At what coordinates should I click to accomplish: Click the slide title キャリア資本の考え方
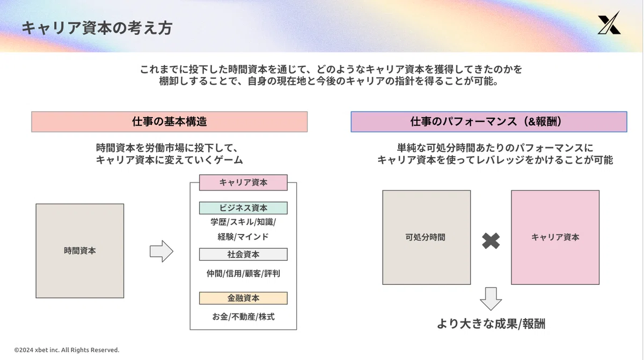point(97,28)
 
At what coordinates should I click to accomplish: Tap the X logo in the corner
point(609,23)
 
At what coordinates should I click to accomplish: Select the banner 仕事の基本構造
point(170,122)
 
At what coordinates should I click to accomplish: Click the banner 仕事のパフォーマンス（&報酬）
point(489,122)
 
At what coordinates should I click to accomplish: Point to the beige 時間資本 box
point(80,251)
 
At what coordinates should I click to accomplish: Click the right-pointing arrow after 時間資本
point(162,251)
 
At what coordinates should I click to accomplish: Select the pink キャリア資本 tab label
point(243,182)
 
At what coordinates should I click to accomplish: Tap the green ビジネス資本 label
point(243,208)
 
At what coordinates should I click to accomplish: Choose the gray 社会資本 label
point(243,254)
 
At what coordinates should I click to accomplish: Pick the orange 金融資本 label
point(243,298)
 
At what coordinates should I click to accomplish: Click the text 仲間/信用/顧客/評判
point(243,274)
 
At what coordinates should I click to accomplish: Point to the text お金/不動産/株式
point(243,317)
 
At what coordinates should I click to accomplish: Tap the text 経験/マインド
point(243,237)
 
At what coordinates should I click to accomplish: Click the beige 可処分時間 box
point(426,237)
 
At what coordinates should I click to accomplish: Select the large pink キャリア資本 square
point(555,237)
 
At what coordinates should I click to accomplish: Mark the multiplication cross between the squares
point(491,241)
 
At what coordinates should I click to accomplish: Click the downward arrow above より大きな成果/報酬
point(491,299)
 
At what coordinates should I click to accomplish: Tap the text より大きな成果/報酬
point(491,324)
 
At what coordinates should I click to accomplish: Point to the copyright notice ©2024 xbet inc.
point(67,350)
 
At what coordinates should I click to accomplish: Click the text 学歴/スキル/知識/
point(243,222)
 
